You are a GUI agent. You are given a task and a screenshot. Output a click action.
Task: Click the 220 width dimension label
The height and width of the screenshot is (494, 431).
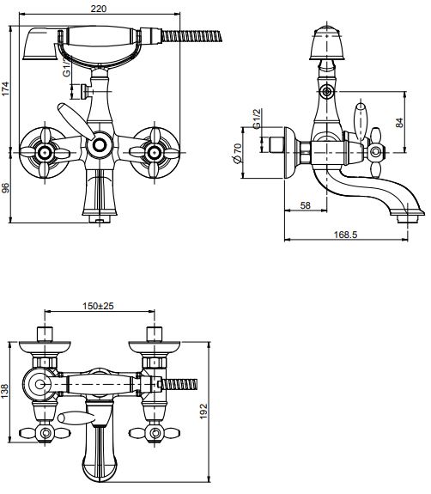[x=99, y=9]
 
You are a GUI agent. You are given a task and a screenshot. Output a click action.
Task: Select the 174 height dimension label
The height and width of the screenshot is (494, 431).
[x=6, y=89]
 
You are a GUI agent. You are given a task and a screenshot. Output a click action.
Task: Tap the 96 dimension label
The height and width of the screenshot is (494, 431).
[x=6, y=188]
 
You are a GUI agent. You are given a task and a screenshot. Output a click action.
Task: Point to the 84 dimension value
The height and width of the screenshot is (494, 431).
[x=399, y=122]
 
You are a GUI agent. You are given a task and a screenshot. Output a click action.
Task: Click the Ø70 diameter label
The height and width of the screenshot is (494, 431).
[x=238, y=153]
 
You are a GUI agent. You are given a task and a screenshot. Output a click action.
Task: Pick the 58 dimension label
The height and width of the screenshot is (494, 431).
[x=305, y=205]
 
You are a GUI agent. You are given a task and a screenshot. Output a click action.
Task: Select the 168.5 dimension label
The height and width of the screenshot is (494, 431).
[x=345, y=235]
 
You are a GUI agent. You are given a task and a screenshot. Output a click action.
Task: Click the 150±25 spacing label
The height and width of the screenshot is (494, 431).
[x=98, y=306]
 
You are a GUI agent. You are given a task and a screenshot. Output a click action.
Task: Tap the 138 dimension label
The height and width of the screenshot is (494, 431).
[x=5, y=391]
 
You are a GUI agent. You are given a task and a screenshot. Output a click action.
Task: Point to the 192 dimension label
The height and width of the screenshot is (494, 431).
[x=203, y=411]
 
